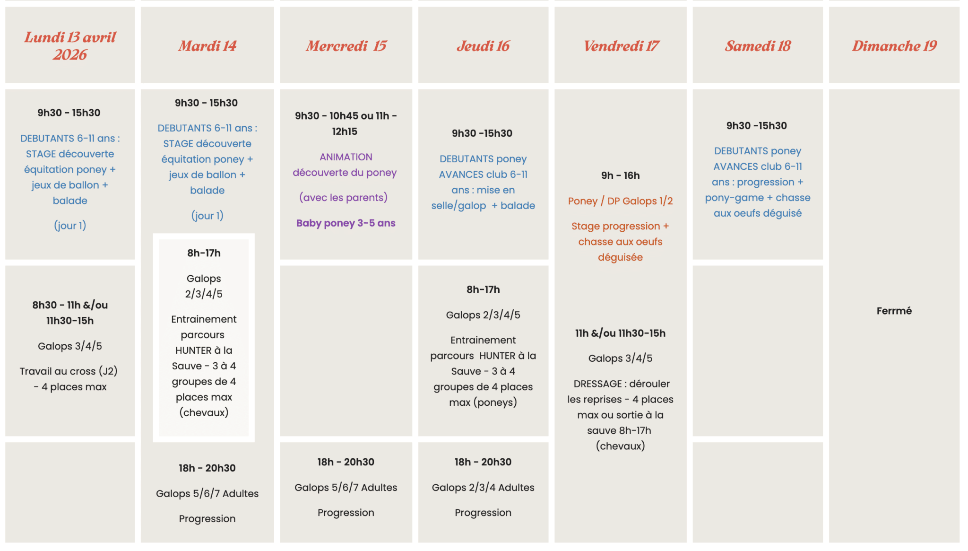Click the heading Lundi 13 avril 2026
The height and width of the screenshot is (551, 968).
pos(70,45)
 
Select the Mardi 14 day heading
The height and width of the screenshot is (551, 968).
pos(207,46)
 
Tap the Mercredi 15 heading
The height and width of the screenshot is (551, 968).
pos(346,46)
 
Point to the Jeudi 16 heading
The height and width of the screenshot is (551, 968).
pos(483,46)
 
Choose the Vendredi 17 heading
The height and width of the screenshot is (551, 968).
pos(621,46)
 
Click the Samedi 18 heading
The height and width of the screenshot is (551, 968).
pos(758,46)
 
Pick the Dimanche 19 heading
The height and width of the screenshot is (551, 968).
pos(894,46)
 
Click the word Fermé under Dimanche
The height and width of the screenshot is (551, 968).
pos(894,311)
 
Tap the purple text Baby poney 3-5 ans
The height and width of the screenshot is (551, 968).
pos(346,223)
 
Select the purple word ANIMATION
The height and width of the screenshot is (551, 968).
pos(346,157)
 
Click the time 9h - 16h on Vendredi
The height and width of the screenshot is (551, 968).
pos(620,175)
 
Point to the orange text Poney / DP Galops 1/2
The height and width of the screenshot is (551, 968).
pos(620,201)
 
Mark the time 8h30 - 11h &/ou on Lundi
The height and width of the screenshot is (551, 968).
pos(70,305)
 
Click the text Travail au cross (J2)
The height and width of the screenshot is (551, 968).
pos(69,371)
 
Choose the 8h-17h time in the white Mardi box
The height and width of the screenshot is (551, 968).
pos(204,253)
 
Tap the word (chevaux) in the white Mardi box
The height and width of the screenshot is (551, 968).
pos(204,412)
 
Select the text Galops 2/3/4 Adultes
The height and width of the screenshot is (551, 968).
pos(483,488)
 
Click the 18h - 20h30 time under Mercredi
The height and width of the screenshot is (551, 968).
pos(346,462)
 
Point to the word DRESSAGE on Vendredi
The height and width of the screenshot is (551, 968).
pos(597,384)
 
